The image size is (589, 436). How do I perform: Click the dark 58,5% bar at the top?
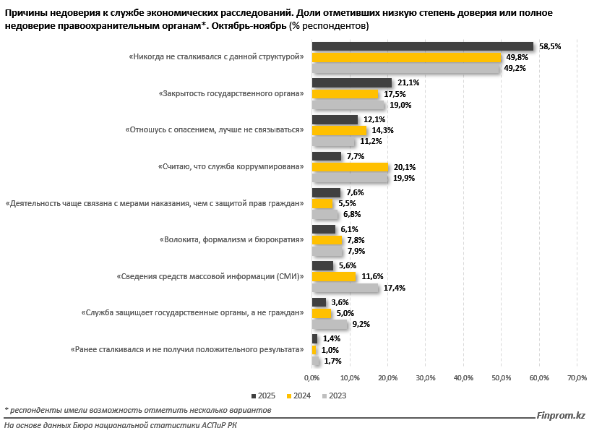pos(422,46)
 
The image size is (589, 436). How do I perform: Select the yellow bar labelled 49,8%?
pos(406,57)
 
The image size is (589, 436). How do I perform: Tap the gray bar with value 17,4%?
pos(345,288)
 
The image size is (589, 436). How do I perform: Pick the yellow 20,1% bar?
pos(350,167)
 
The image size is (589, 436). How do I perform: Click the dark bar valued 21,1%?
pos(351,82)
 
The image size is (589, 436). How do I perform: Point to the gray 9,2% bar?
pos(329,325)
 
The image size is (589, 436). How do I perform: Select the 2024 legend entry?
pos(298,396)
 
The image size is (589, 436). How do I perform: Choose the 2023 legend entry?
pos(334,396)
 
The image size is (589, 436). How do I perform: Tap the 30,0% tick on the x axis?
pos(426,378)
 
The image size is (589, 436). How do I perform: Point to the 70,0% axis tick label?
pos(577,378)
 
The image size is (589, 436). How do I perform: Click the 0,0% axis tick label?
pos(311,378)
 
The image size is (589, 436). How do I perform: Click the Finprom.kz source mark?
pos(561,416)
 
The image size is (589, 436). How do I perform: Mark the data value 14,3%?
pos(384,130)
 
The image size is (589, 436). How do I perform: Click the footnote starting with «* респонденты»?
pos(137,410)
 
